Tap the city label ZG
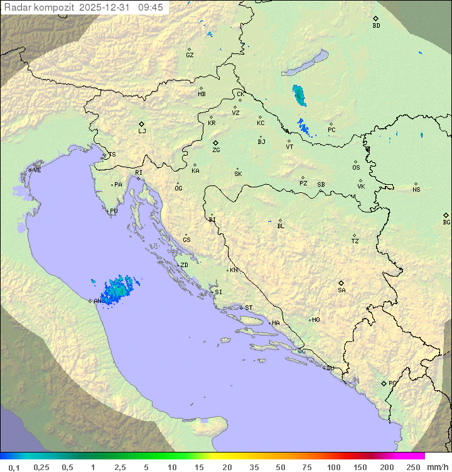tap(216, 150)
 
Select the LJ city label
tap(142, 131)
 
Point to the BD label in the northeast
tap(376, 26)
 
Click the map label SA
tap(342, 290)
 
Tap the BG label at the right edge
tap(446, 222)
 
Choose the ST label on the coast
tap(249, 308)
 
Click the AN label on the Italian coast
tap(97, 301)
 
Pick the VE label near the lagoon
tap(37, 170)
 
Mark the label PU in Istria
tap(114, 211)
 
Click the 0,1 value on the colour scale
tap(14, 467)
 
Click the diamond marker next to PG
tap(384, 383)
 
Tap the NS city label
tap(416, 189)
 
